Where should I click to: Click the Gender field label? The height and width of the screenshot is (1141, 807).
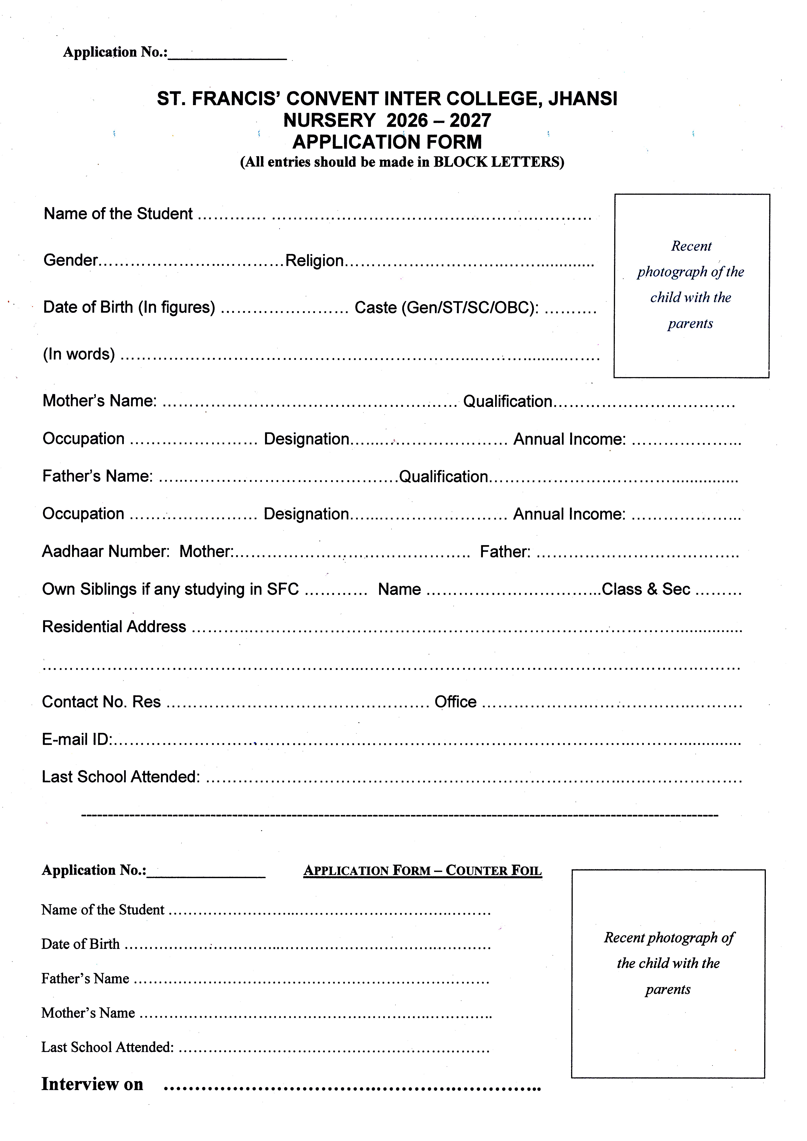(x=71, y=260)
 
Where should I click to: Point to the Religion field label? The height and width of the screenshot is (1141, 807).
(x=315, y=261)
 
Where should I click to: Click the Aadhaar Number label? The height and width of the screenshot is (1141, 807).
(x=106, y=552)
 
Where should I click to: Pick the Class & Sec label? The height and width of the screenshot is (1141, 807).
(x=645, y=589)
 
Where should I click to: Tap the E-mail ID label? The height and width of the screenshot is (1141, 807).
(x=77, y=740)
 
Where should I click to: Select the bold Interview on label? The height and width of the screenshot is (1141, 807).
(x=92, y=1084)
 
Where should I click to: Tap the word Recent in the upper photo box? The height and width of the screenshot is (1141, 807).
(x=691, y=246)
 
